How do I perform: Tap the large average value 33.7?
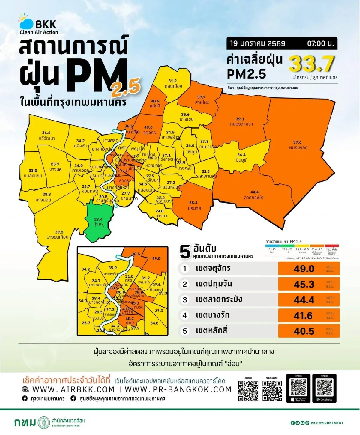[x=311, y=64]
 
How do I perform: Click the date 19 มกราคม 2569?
[x=258, y=43]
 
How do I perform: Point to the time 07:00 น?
[x=320, y=43]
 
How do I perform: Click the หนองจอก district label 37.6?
[x=298, y=145]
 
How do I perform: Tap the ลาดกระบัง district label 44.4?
[x=254, y=195]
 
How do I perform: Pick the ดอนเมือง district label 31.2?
[x=173, y=83]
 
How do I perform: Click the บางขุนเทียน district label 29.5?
[x=58, y=234]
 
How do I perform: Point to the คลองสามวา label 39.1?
[x=241, y=121]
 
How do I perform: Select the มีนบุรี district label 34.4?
[x=241, y=157]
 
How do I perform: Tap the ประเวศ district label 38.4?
[x=194, y=205]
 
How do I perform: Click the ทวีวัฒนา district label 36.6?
[x=46, y=136]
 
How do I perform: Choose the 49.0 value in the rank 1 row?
[x=304, y=269]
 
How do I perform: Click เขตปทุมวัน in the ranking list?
[x=214, y=284]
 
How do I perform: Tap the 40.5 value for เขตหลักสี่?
[x=304, y=331]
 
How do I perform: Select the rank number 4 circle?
[x=185, y=315]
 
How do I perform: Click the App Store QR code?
[x=298, y=388]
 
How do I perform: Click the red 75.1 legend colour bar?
[x=331, y=246]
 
